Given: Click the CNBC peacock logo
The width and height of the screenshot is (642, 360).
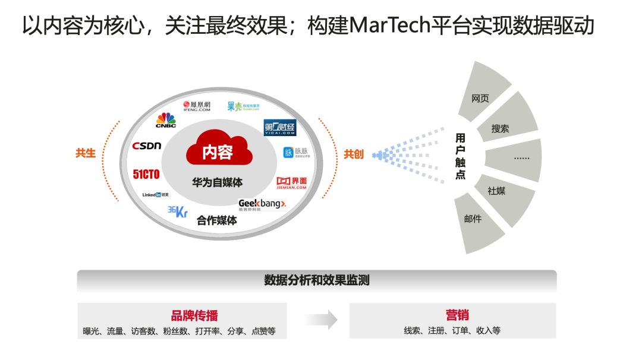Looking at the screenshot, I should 166,120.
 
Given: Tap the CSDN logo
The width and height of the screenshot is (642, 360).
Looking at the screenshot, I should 147,146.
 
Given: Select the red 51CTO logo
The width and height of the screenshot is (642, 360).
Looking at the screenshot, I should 146,174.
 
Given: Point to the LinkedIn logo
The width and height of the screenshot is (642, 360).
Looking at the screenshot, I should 155,195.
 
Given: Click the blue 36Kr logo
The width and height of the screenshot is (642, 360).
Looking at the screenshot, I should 177,211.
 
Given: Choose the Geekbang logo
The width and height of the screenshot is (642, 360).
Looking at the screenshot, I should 262,204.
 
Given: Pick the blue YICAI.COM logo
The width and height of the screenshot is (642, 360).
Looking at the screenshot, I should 279,128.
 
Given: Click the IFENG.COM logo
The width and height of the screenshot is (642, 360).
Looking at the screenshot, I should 196,106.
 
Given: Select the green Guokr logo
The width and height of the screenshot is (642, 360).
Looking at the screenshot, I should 243,106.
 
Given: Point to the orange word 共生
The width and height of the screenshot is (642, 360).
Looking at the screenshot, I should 85,153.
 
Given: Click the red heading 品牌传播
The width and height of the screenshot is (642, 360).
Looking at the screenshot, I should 194,315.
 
